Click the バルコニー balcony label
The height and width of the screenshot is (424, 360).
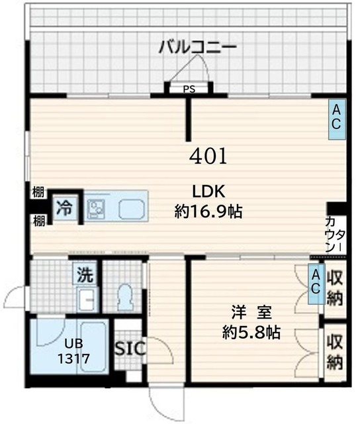pos(197,47)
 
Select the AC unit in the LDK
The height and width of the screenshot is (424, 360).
pos(336,116)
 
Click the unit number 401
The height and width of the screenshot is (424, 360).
pos(208,156)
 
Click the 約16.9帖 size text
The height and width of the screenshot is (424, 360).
pos(208,212)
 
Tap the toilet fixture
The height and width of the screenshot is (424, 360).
pos(123,297)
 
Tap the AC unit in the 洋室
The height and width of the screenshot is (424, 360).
pos(316,280)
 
